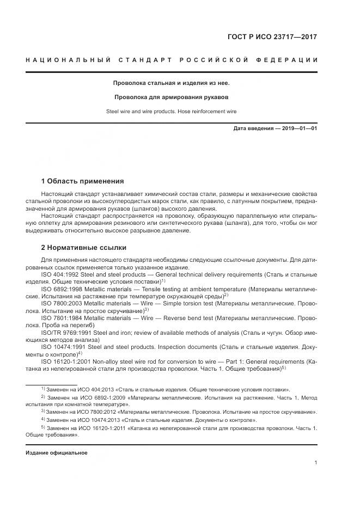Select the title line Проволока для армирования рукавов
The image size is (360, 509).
tap(171, 97)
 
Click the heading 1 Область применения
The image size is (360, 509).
tap(82, 181)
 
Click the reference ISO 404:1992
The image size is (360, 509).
tap(60, 275)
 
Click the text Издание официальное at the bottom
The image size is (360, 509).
tap(57, 452)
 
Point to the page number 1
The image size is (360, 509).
tap(315, 463)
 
